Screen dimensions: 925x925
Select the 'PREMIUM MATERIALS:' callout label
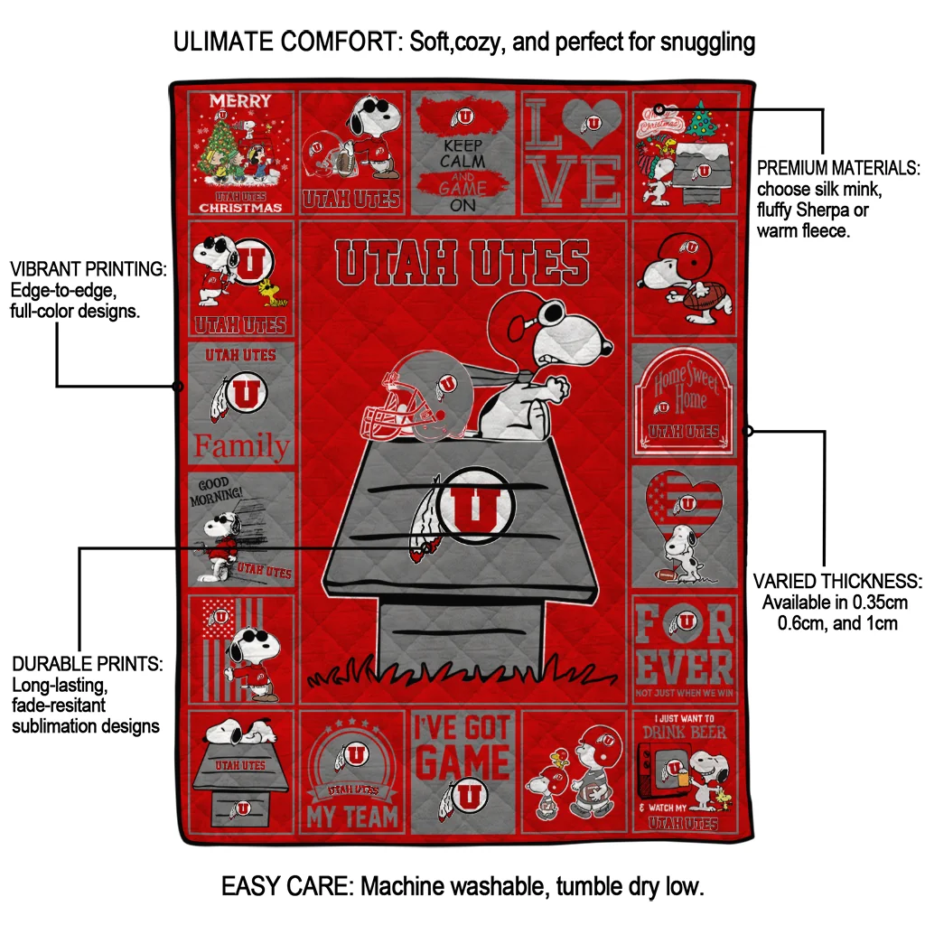pos(838,168)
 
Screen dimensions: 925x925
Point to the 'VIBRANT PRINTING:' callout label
pos(88,269)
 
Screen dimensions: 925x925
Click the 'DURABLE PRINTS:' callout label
pos(88,664)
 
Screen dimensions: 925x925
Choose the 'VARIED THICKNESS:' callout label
pos(837,581)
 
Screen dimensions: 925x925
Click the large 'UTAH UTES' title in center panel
pos(462,262)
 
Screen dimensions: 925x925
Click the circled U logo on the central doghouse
pos(475,507)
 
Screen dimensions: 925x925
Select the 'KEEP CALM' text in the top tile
pos(462,153)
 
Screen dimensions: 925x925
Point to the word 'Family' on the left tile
pos(242,446)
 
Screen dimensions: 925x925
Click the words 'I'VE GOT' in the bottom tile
pos(462,728)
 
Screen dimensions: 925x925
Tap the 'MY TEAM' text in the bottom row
pos(352,818)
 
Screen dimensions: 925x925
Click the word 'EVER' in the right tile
pos(684,668)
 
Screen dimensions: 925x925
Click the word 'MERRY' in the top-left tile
pos(240,100)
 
